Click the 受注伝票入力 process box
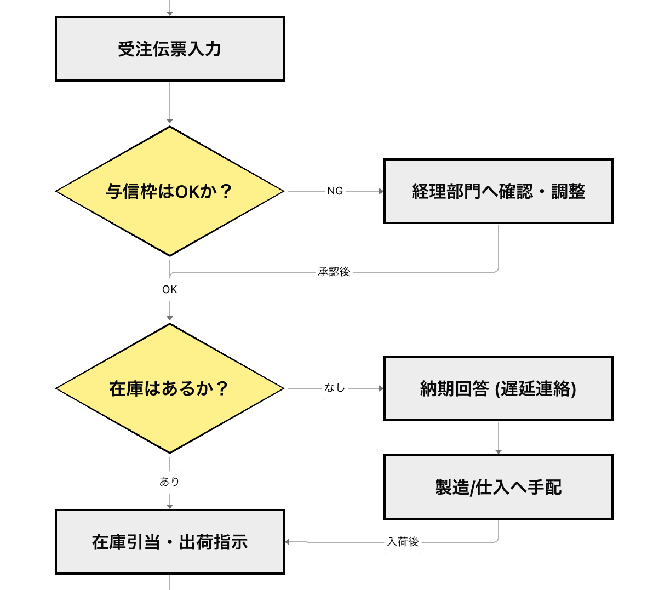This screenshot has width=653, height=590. coord(170,49)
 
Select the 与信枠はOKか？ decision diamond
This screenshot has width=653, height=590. coord(170,191)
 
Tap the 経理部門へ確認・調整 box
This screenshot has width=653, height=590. coord(498,191)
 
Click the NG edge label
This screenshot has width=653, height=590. coord(335,191)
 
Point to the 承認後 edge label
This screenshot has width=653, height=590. coord(334,272)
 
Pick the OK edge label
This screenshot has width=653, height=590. coord(170,289)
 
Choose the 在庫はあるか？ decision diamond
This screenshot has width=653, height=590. coord(170,388)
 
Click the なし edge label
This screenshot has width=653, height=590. coord(335,388)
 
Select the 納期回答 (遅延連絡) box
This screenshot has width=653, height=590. coord(498,388)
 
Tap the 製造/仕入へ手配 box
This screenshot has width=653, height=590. coord(498,487)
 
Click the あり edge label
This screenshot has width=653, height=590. coord(170,482)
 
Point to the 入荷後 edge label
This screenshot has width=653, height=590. coord(403,542)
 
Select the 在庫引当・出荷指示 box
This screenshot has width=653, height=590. coord(170,542)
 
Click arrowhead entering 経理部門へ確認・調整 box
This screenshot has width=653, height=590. coord(381,191)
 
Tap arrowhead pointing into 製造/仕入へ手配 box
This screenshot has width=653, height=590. coord(498,451)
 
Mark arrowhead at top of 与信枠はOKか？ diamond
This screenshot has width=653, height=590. coord(170,121)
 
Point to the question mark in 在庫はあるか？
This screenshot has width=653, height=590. coord(222,388)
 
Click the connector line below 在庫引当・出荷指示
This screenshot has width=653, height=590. coord(170,582)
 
